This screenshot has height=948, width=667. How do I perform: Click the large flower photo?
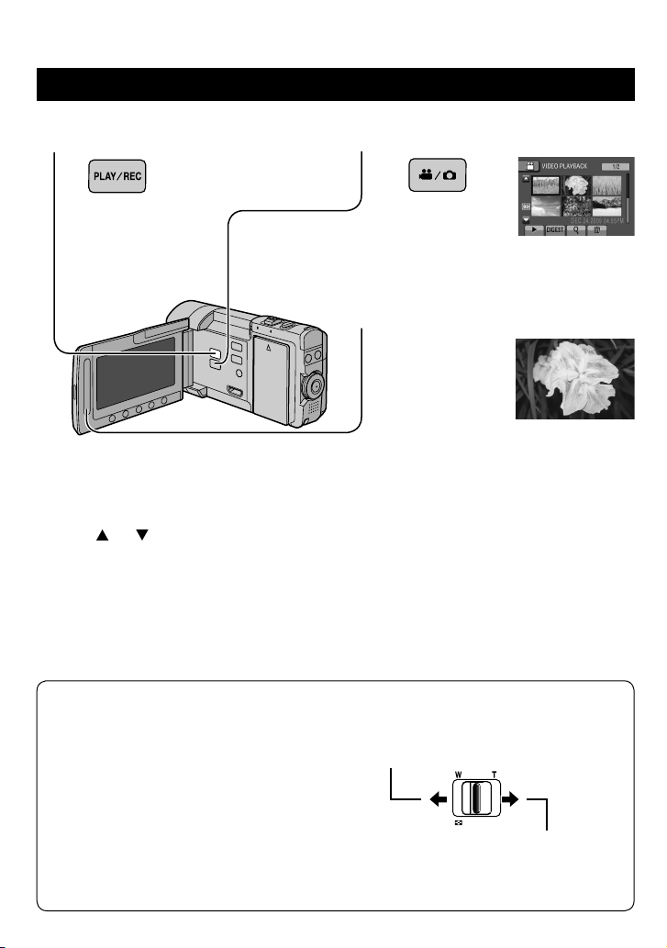click(574, 379)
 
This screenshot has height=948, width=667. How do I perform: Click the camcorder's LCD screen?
click(138, 371)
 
